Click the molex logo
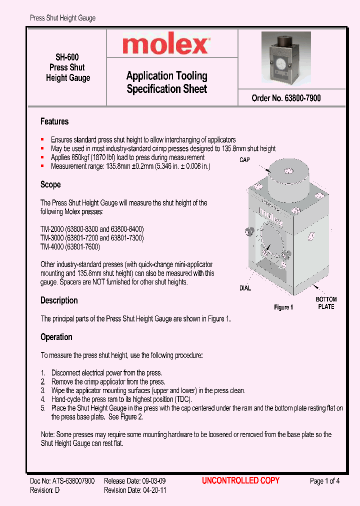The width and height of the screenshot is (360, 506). pyautogui.click(x=166, y=45)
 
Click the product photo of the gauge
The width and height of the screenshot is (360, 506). pyautogui.click(x=286, y=57)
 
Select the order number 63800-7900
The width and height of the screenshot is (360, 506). pyautogui.click(x=299, y=98)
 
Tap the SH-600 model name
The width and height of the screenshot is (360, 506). pyautogui.click(x=67, y=57)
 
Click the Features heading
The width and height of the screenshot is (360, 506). pyautogui.click(x=54, y=121)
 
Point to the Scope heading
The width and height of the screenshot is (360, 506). pyautogui.click(x=50, y=184)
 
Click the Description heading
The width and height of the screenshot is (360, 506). pyautogui.click(x=59, y=300)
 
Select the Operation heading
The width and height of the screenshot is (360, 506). pyautogui.click(x=56, y=337)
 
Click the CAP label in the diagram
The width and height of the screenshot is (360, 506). pyautogui.click(x=244, y=160)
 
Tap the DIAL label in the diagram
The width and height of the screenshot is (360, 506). pyautogui.click(x=245, y=288)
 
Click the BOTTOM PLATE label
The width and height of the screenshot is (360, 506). pyautogui.click(x=326, y=303)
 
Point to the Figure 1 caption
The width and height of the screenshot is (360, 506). pyautogui.click(x=283, y=307)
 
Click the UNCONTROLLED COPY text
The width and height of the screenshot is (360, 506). pyautogui.click(x=240, y=480)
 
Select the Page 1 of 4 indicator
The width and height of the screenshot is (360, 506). pyautogui.click(x=324, y=481)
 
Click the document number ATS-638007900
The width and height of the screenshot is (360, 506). pyautogui.click(x=72, y=481)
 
